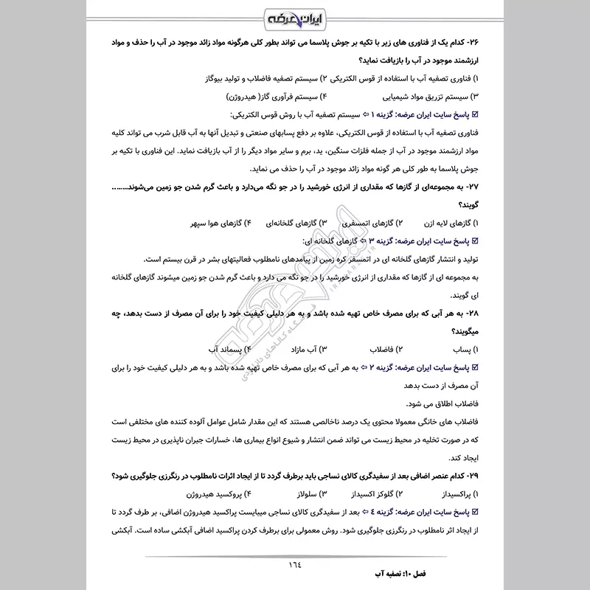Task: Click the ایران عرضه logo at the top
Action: pos(294,16)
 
